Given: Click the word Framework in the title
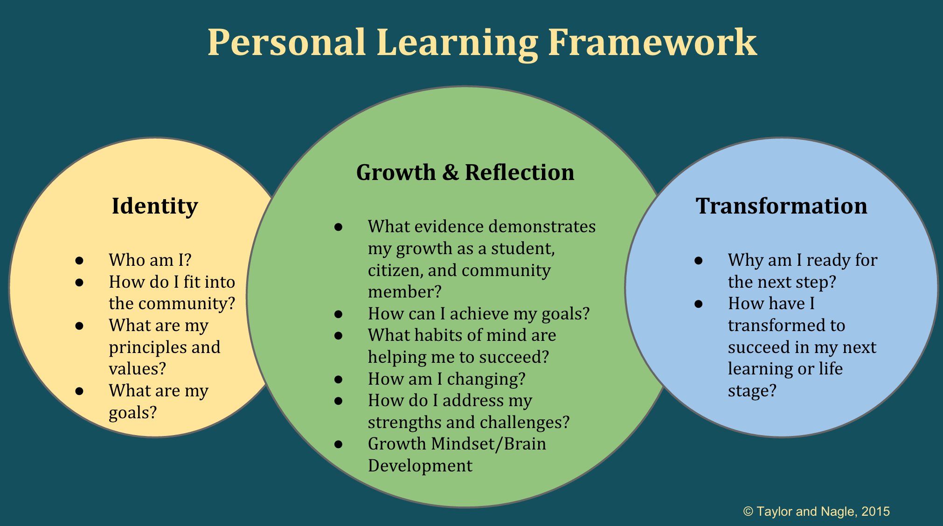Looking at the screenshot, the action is click(x=652, y=42).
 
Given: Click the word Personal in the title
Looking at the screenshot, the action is click(x=286, y=42).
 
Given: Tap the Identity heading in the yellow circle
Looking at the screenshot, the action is click(x=155, y=207).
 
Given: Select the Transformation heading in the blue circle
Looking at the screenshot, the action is click(x=781, y=206).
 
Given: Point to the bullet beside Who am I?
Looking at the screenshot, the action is click(x=79, y=260).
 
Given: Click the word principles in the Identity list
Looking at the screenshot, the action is click(x=149, y=348).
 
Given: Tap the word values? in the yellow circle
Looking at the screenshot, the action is click(x=137, y=369).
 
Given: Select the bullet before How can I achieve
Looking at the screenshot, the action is click(x=339, y=314).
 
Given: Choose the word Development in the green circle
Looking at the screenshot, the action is click(x=420, y=466).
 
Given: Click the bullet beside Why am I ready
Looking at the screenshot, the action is click(x=698, y=260).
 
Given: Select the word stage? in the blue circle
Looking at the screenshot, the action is click(x=752, y=391).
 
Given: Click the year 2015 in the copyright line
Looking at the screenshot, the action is click(x=875, y=512).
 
